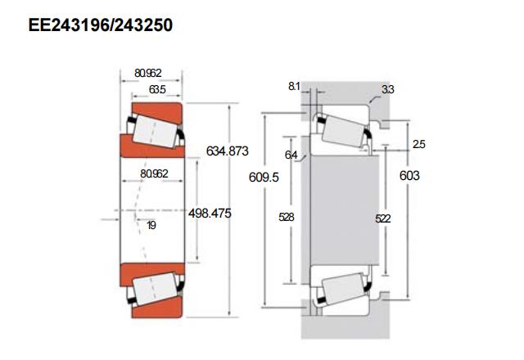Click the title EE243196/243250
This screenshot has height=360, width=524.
tap(100, 25)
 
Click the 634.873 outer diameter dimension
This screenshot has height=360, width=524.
tap(228, 151)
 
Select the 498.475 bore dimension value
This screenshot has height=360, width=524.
tap(210, 213)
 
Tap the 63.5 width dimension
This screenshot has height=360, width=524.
tap(157, 89)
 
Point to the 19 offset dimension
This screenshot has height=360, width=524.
tap(151, 226)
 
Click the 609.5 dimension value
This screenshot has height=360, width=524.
tap(264, 177)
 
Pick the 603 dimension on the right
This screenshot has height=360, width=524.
tap(409, 175)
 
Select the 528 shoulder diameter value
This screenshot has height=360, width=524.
tap(287, 217)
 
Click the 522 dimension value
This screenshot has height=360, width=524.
tap(383, 218)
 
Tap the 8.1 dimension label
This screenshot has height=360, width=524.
tap(294, 86)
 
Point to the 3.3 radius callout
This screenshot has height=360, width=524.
tap(388, 89)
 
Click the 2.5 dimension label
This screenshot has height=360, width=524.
tap(418, 144)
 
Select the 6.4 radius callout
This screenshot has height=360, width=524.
tap(291, 155)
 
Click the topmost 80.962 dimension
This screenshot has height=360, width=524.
tap(148, 73)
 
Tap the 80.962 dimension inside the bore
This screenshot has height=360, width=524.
tap(154, 173)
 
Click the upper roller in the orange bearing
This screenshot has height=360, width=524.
tap(155, 131)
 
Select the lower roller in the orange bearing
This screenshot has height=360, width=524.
tap(155, 288)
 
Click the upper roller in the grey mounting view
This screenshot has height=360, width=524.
tap(344, 131)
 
